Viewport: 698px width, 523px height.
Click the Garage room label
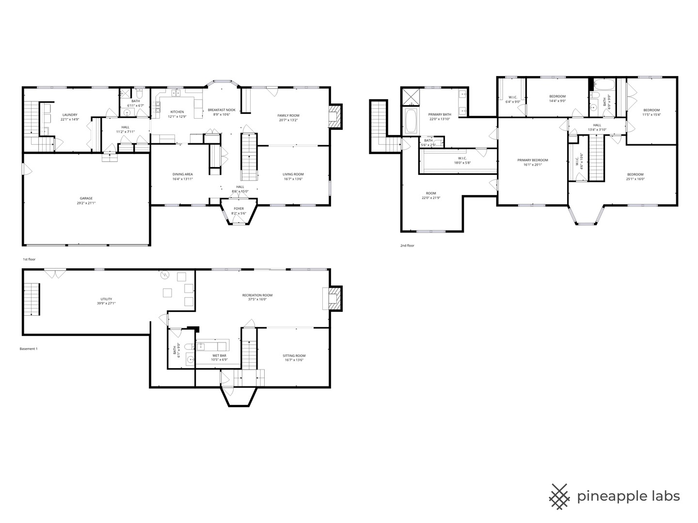pos(86,198)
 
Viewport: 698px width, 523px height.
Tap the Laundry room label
pos(70,115)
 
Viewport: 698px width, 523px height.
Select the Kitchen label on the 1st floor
pos(177,112)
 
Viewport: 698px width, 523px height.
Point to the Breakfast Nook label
pos(222,110)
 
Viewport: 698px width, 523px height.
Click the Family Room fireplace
pos(334,117)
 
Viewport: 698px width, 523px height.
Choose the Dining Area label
pos(183,174)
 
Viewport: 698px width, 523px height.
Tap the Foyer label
pos(238,209)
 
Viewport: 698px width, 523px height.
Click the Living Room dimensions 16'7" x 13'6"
pos(293,179)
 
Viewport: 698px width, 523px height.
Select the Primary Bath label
pos(440,115)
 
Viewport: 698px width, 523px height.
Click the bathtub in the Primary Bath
pos(411,121)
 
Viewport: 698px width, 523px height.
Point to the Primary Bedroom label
pos(532,160)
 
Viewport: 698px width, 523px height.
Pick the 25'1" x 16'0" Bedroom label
pos(635,174)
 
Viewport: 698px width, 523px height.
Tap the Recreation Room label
pos(257,295)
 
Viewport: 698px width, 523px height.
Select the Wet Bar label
pos(219,355)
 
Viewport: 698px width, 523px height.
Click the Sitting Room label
pos(294,355)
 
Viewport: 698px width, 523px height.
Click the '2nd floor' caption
pos(407,246)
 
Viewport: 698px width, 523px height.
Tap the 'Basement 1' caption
pos(28,349)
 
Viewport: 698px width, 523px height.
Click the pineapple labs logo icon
pos(559,496)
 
